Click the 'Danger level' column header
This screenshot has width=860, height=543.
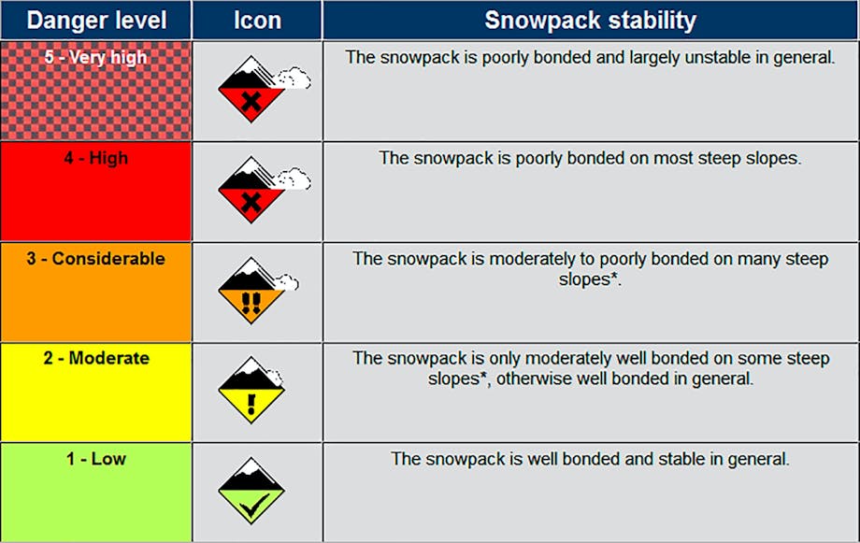coord(96,21)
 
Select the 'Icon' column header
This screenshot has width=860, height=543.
coord(257,21)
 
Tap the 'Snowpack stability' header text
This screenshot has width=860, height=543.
coord(590,21)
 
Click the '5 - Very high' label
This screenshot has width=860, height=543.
coord(95,57)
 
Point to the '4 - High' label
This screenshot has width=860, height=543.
coord(96,158)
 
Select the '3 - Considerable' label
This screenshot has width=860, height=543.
coord(96,258)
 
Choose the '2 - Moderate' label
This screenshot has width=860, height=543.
coord(96,358)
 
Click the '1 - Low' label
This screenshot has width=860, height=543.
coord(96,459)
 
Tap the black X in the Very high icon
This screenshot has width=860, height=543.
coord(251,102)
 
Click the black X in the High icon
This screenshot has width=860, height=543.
coord(251,203)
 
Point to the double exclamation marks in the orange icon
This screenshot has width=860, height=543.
coord(251,304)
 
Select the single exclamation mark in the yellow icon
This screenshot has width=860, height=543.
coord(251,404)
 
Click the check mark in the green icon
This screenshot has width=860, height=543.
coord(254,506)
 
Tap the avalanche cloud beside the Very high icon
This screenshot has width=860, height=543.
coord(294,78)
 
